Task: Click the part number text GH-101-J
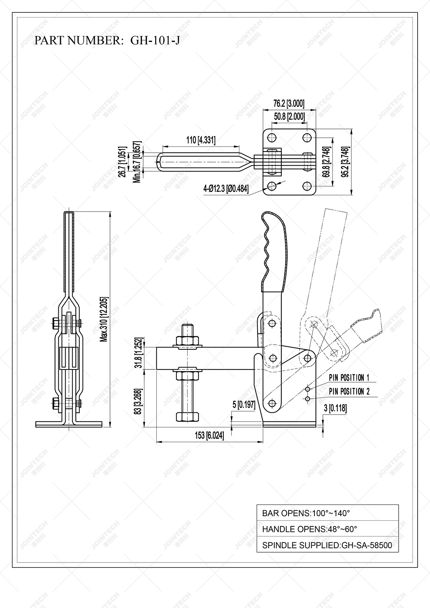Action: (x=155, y=40)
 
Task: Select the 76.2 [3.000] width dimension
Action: (x=289, y=103)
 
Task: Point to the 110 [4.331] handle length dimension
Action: (x=201, y=140)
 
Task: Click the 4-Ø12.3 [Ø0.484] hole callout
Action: (x=226, y=189)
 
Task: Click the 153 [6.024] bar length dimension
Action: (x=209, y=435)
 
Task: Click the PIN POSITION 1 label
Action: (x=349, y=378)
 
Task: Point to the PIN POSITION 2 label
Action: (x=349, y=392)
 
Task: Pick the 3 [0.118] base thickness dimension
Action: (x=335, y=408)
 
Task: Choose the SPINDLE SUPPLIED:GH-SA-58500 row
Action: (x=327, y=545)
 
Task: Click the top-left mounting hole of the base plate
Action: (x=271, y=138)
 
